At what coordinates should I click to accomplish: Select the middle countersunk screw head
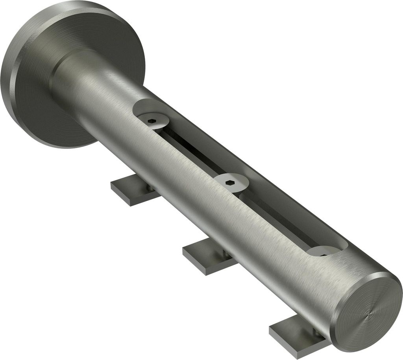tap(231, 182)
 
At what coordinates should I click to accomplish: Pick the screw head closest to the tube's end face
tap(324, 252)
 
